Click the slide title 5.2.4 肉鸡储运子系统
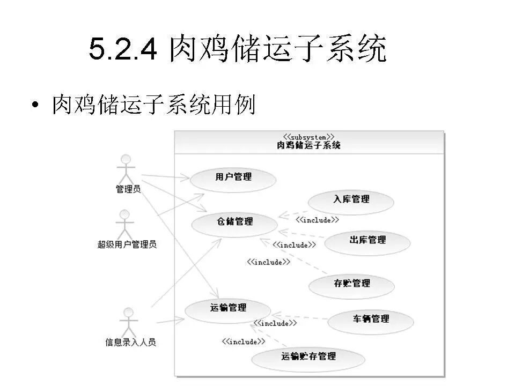tap(237, 50)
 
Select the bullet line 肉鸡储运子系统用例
tap(153, 105)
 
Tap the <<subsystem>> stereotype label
tap(309, 137)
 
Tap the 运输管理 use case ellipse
tap(228, 310)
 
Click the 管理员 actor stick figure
tap(126, 168)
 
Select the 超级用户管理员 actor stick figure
tap(124, 224)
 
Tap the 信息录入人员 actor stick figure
tap(128, 322)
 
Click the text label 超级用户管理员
tap(127, 244)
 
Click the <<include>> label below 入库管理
tap(317, 220)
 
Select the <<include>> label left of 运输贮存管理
tap(244, 342)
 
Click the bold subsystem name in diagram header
tap(309, 145)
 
